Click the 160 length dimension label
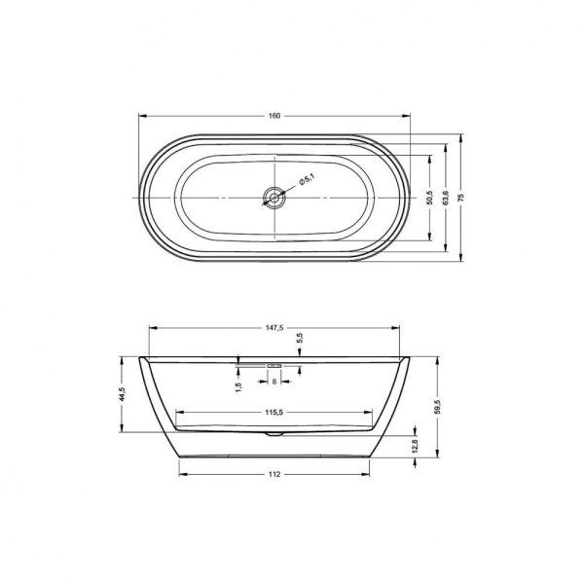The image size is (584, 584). tap(274, 116)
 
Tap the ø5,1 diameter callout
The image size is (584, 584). tap(305, 180)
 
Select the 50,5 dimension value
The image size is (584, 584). tap(430, 198)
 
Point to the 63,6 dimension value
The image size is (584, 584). tap(446, 198)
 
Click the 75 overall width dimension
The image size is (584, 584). tap(461, 198)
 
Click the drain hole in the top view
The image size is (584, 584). tap(274, 198)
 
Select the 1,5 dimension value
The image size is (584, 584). tap(238, 386)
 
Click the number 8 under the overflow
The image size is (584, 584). tap(274, 383)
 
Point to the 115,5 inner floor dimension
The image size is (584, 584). tap(274, 413)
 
